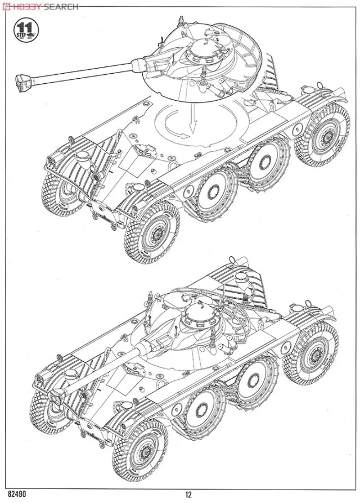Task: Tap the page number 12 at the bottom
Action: pos(188,495)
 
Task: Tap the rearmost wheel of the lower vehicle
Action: pos(313,349)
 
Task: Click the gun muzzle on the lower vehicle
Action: pos(56,397)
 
